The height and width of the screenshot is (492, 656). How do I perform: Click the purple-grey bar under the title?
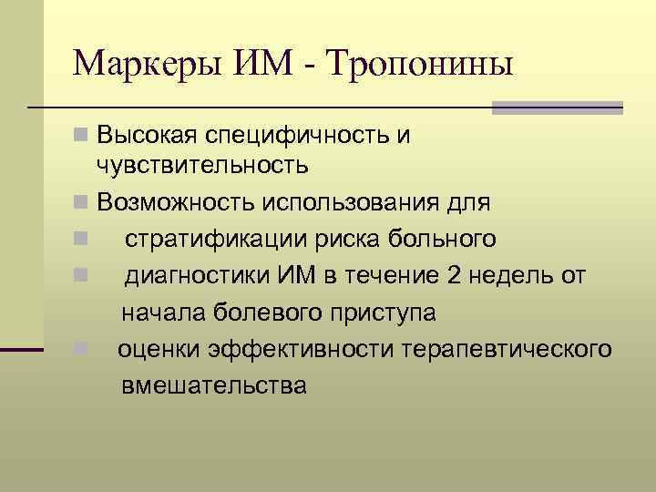(557, 108)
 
